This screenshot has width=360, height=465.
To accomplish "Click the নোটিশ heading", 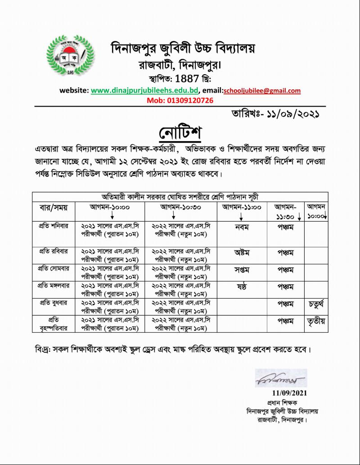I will (180, 133).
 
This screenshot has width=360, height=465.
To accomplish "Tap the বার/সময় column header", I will (53, 208).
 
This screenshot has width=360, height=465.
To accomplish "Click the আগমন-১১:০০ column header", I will (241, 208).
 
